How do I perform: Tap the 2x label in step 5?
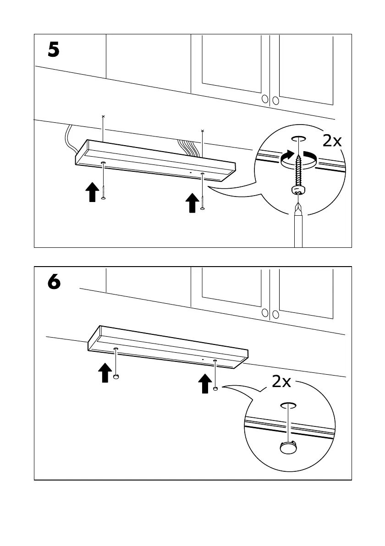point(331,141)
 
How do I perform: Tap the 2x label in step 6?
point(281,382)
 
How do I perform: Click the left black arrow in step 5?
point(92,191)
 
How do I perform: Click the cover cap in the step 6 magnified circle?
point(288,447)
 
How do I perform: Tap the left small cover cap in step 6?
point(116,377)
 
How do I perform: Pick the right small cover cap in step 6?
point(215,388)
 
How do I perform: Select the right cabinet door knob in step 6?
point(275,314)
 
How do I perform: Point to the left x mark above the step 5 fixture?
point(103,117)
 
